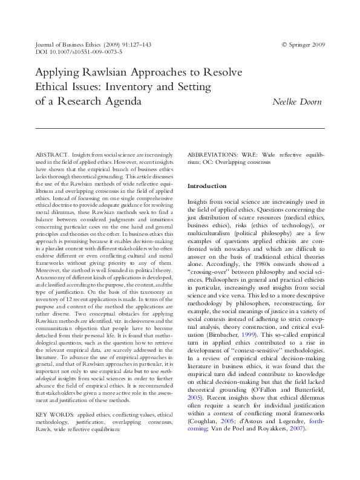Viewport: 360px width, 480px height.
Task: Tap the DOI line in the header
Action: point(79,52)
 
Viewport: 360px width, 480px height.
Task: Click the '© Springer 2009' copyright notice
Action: point(303,45)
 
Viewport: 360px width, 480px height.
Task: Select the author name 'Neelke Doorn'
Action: point(296,102)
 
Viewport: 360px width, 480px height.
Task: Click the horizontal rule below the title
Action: point(180,128)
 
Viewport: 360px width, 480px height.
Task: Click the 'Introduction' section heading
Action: point(207,186)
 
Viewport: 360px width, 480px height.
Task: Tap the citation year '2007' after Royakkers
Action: point(295,429)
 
